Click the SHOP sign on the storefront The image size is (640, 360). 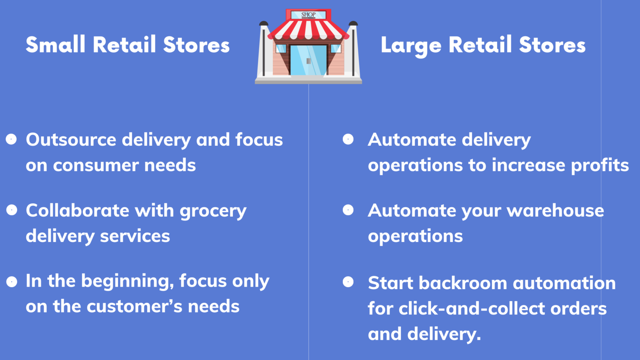tap(308, 15)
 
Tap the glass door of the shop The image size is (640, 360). tap(308, 60)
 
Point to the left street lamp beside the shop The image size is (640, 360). tap(263, 48)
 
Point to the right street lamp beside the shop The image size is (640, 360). tap(353, 48)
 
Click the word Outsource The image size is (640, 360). tap(71, 140)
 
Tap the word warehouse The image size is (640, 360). tap(555, 211)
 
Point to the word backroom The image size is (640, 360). tap(463, 283)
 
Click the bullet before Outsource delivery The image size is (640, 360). tap(11, 139)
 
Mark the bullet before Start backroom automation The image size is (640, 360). tap(348, 282)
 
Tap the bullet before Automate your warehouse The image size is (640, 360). tap(348, 210)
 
